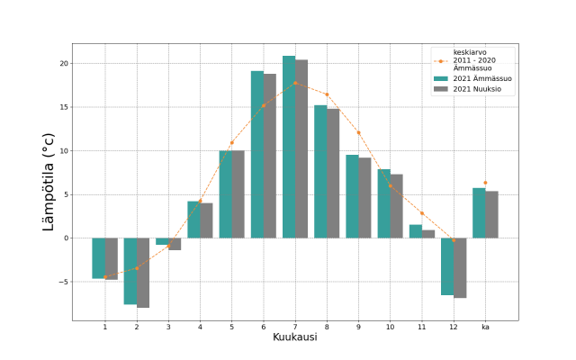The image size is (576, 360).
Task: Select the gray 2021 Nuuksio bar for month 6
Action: click(x=270, y=156)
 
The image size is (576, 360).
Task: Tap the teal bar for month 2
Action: click(x=130, y=271)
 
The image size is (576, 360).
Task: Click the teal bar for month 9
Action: click(x=352, y=196)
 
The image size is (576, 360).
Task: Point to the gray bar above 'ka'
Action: click(x=491, y=214)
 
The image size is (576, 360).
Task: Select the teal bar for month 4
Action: click(x=193, y=220)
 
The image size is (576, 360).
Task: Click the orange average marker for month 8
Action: click(x=327, y=94)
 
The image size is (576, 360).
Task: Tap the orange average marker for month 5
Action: click(x=231, y=142)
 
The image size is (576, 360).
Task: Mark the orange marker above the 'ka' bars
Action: click(x=485, y=183)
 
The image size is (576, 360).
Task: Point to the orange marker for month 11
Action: click(x=422, y=213)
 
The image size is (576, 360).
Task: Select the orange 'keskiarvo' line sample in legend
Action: click(x=440, y=61)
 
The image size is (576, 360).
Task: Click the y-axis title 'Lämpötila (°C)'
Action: click(x=49, y=182)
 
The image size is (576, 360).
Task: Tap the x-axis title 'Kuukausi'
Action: click(x=295, y=337)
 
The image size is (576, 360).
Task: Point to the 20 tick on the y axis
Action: click(x=63, y=64)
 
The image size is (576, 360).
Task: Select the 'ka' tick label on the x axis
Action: click(x=485, y=326)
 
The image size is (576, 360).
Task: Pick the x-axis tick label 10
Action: click(x=391, y=326)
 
